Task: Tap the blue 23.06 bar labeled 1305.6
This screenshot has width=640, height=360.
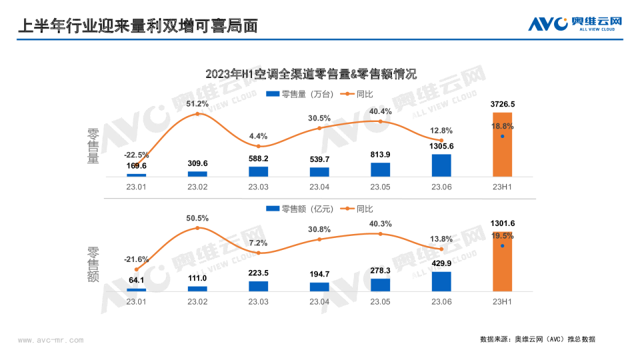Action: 441,165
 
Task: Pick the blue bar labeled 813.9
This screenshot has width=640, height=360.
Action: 380,169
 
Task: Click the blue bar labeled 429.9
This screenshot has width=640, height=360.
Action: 441,281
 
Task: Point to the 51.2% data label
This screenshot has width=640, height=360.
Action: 197,104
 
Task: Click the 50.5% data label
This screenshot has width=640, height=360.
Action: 197,218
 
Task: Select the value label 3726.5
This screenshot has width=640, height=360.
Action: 502,105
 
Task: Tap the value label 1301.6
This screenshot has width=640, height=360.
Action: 502,223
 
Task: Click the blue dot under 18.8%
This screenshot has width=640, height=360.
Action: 502,137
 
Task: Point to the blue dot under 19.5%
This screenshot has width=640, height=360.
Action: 502,246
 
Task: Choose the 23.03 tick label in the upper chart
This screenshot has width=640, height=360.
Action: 258,187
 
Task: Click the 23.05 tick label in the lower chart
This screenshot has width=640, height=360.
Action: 380,302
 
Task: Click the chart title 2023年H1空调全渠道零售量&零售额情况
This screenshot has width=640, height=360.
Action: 311,74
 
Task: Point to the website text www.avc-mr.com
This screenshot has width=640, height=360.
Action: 51,340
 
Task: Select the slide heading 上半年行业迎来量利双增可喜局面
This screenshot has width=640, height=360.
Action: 136,25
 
